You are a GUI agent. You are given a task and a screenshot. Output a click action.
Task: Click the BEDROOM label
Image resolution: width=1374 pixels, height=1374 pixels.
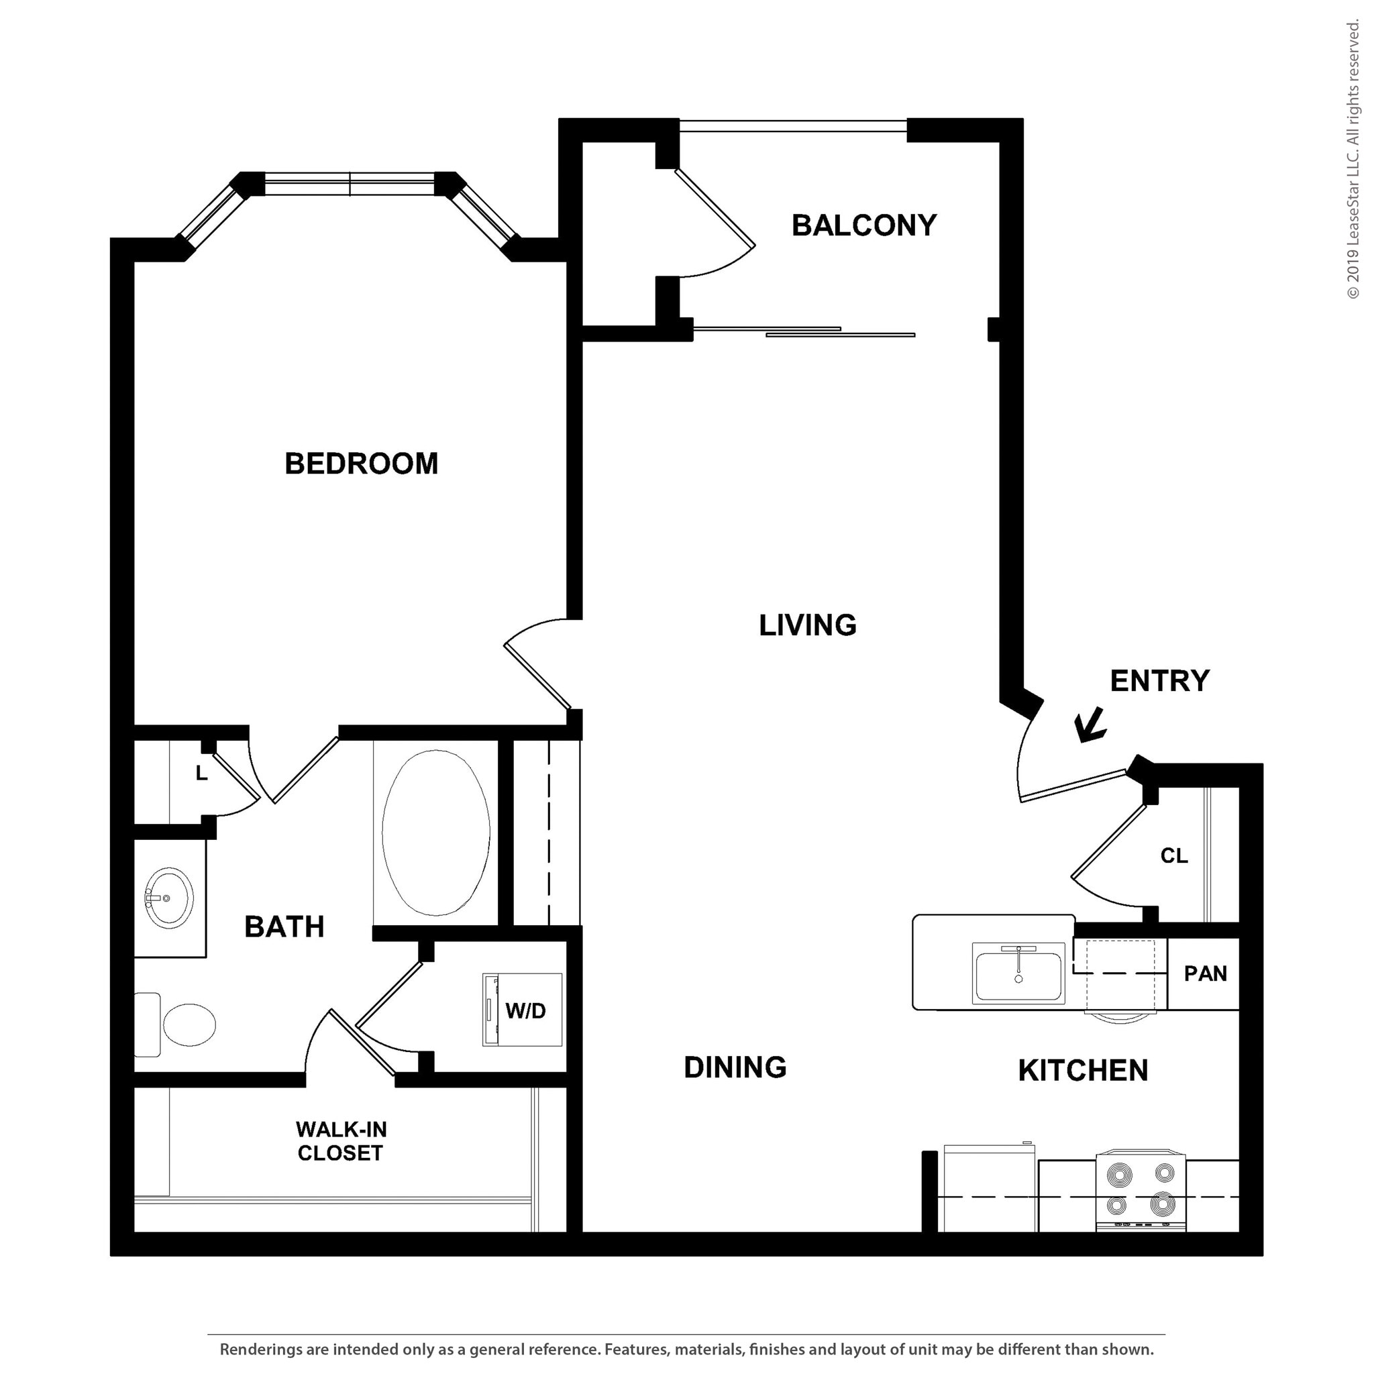click(x=362, y=464)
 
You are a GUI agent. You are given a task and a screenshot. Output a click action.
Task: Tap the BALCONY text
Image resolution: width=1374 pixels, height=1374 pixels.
click(x=863, y=225)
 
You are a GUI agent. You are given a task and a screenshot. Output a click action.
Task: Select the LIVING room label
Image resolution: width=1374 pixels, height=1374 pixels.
click(x=807, y=625)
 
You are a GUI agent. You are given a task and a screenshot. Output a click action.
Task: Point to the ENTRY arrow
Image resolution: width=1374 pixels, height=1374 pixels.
click(x=1090, y=726)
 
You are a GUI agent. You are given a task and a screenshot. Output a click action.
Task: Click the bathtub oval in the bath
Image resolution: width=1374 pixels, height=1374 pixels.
click(x=435, y=833)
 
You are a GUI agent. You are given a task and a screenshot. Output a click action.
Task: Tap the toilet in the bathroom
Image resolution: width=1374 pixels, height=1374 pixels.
click(x=181, y=1025)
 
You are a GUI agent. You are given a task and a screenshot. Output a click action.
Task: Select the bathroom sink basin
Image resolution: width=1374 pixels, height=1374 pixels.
click(x=169, y=898)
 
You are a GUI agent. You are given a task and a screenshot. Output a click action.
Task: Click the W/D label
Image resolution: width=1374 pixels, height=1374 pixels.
click(x=525, y=1010)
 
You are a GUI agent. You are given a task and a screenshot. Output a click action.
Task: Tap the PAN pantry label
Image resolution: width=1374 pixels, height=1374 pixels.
click(x=1205, y=973)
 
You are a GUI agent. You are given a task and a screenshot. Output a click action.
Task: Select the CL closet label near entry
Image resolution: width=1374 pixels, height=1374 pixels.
click(x=1173, y=855)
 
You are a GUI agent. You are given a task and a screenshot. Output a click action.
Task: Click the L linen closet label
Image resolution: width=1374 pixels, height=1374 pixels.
click(x=202, y=774)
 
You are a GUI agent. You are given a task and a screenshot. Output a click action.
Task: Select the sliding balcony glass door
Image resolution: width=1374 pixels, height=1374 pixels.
click(x=804, y=331)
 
